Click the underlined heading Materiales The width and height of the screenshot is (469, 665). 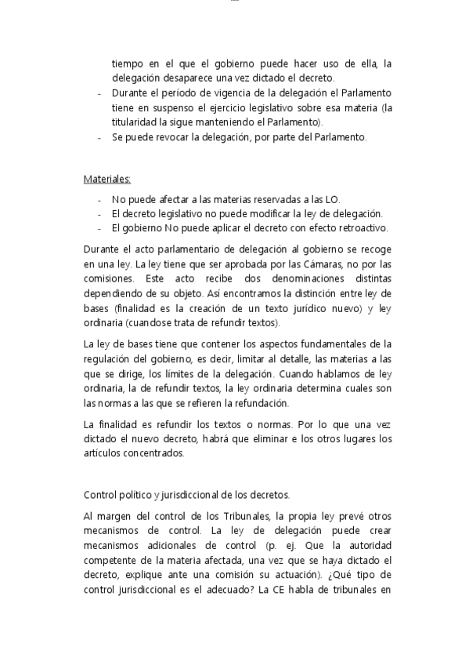106,179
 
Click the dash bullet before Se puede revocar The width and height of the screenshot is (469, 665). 99,138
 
